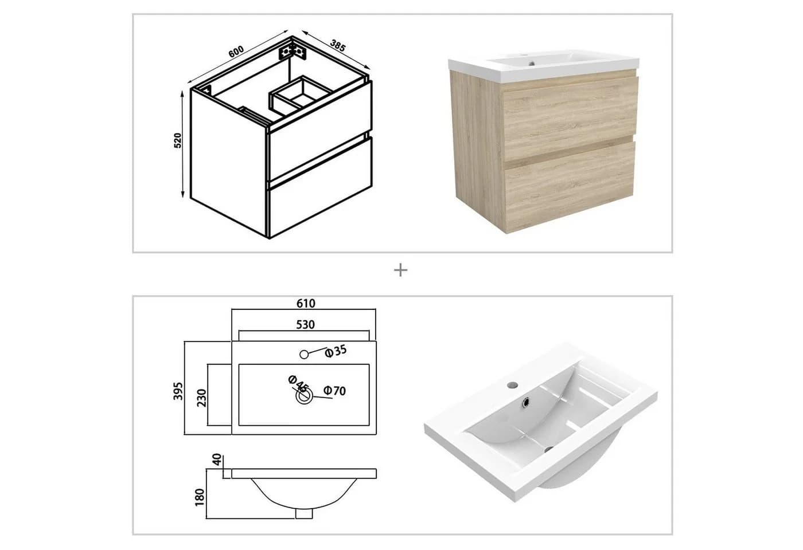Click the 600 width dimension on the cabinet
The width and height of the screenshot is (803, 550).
click(x=236, y=52)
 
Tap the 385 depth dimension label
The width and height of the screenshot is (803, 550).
click(x=338, y=45)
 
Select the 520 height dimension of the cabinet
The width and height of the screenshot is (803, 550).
click(x=178, y=141)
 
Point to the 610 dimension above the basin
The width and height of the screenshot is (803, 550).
click(x=306, y=304)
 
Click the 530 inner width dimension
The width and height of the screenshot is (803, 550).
click(x=305, y=325)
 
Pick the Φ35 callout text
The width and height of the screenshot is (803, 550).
click(x=336, y=351)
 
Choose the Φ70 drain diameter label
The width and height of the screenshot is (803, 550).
click(x=335, y=391)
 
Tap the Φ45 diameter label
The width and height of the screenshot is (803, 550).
click(x=298, y=383)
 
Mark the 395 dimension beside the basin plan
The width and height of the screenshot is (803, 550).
click(x=178, y=391)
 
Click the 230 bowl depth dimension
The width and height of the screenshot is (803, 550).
click(x=202, y=398)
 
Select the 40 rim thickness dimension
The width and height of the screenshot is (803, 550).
click(x=217, y=459)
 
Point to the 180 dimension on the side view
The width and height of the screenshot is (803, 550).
click(x=200, y=497)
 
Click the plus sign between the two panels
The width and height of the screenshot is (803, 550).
click(x=400, y=270)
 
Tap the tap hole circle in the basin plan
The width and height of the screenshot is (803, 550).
click(x=304, y=355)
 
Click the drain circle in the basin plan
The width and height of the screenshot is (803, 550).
click(x=304, y=395)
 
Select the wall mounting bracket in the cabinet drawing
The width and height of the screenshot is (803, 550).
click(x=293, y=53)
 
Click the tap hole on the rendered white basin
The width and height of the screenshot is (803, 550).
click(x=513, y=385)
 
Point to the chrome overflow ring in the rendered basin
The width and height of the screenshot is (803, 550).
click(x=526, y=402)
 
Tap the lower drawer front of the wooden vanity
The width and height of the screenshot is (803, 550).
click(x=569, y=185)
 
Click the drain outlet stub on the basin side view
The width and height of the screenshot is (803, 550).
click(x=304, y=513)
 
